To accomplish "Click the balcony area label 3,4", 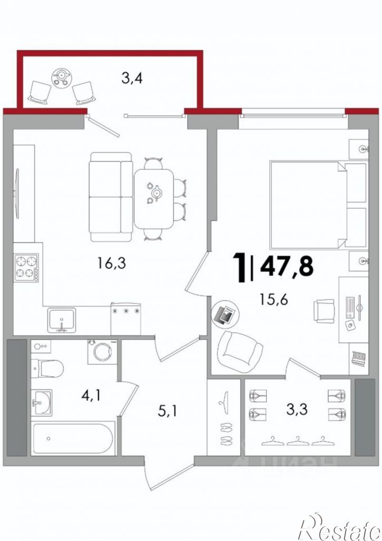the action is tap(132, 79).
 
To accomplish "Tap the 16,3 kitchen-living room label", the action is tap(111, 264).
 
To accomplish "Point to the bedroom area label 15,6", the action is tap(274, 301).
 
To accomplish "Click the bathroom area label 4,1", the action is tap(91, 396).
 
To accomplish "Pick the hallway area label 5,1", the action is tap(168, 411).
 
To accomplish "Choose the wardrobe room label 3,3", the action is tap(297, 409).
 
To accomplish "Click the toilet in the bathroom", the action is tap(47, 369).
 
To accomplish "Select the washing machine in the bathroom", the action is tap(102, 352).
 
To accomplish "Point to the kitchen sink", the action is tap(62, 320).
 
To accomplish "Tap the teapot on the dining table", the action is tap(157, 193).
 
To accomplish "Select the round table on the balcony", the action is tap(61, 76).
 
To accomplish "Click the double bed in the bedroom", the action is tap(318, 204).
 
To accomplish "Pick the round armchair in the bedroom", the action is tap(240, 351).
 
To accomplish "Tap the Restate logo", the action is tap(340, 527).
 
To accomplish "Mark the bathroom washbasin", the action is tap(42, 402).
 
